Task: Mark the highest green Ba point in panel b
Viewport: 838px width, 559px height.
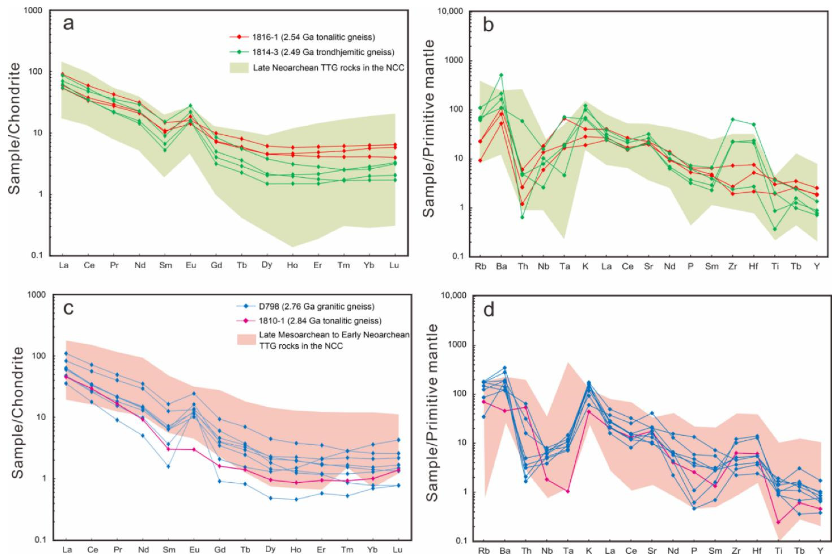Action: point(501,75)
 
